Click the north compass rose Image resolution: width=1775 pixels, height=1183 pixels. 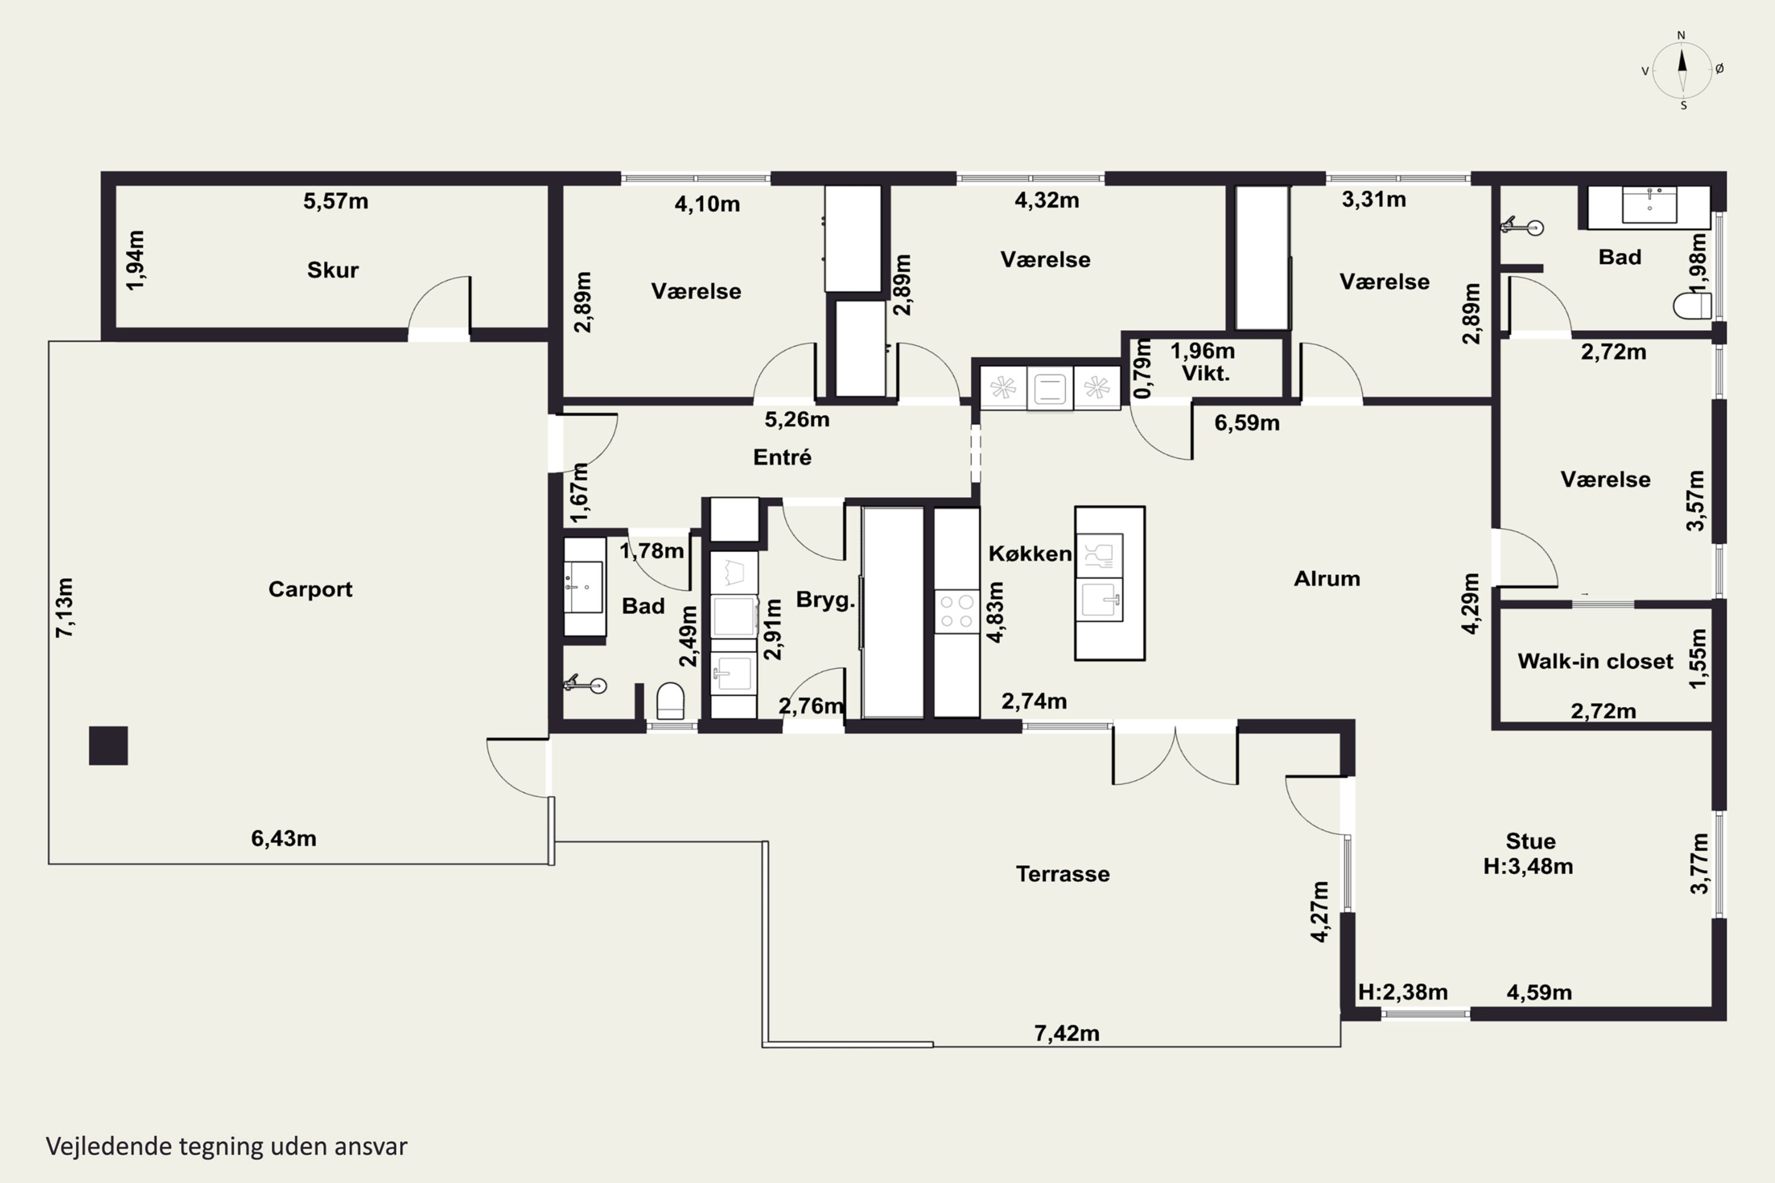pos(1682,70)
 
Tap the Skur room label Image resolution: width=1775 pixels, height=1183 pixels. pos(333,270)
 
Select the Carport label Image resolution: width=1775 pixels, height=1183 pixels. pos(310,589)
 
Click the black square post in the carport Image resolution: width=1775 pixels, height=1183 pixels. pos(109,745)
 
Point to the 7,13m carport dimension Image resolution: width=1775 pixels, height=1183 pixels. pos(65,608)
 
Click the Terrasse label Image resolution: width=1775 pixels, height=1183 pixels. pos(1063,874)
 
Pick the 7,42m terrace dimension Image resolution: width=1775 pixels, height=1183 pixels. pos(1066,1033)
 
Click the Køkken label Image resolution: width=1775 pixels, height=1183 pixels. pos(1030,553)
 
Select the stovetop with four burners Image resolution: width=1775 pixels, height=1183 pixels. pos(957,612)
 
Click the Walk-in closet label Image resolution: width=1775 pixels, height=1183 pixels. pos(1595,661)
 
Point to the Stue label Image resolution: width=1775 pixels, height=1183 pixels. pos(1531,841)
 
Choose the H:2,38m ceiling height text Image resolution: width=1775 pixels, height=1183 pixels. pos(1403,992)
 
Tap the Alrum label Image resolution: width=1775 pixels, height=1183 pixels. pos(1327,578)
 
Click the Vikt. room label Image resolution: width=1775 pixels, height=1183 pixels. pos(1205,373)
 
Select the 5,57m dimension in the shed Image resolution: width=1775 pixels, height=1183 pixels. pos(336,202)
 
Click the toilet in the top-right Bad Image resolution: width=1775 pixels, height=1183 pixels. pos(1692,306)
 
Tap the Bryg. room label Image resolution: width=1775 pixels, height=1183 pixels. pos(825,600)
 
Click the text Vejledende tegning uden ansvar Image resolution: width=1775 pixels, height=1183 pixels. pos(227,1146)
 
